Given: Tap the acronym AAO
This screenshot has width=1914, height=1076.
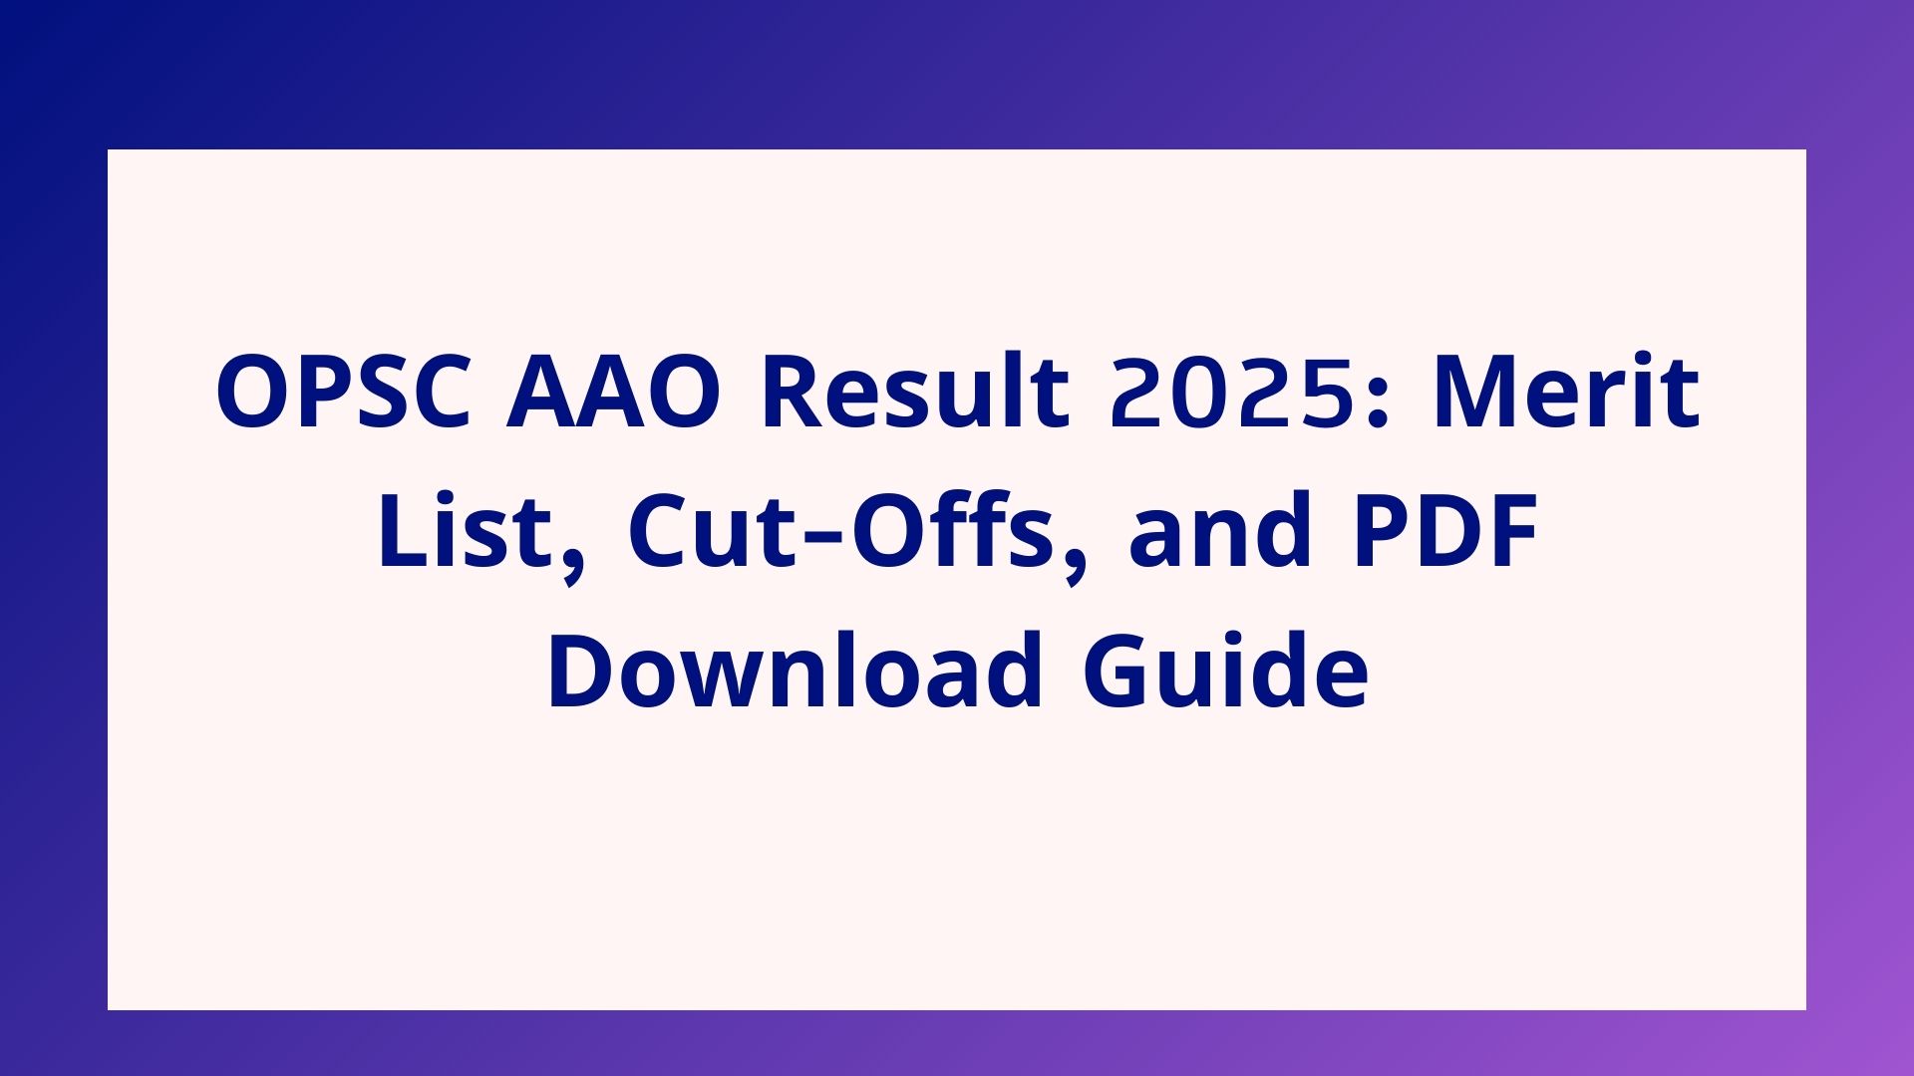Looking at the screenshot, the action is coord(614,392).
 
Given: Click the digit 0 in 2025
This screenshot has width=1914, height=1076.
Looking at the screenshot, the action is coord(1195,392).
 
